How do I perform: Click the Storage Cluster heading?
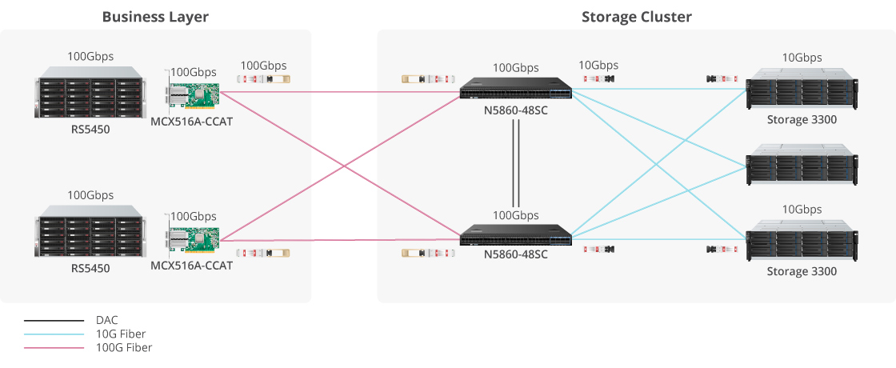point(636,17)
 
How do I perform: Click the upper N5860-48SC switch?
point(515,90)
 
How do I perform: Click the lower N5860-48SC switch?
point(515,236)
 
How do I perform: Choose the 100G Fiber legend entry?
point(124,347)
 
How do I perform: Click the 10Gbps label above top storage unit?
point(802,58)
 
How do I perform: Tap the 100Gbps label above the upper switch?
point(515,68)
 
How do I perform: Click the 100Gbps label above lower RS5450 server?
point(90,195)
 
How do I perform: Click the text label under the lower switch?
point(515,255)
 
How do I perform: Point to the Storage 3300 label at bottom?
point(802,271)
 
